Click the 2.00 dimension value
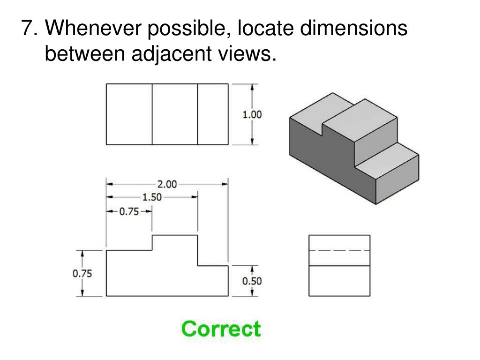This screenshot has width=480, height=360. coord(166,184)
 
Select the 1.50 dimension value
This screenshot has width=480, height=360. coord(152,197)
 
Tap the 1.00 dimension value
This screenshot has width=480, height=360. coord(252,114)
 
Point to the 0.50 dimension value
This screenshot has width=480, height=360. coord(252,281)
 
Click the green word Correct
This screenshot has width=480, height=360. coord(221,329)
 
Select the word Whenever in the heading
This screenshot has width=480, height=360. coord(93,29)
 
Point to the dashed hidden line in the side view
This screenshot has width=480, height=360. coord(339,250)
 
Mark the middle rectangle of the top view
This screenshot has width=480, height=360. coord(174,114)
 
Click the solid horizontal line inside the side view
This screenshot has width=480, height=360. coord(339,266)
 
